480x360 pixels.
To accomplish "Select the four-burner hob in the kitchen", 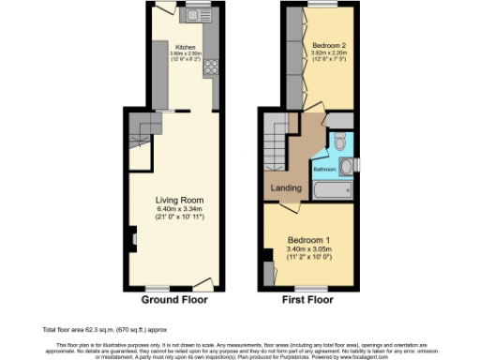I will (x=210, y=67).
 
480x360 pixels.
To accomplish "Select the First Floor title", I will (x=308, y=300).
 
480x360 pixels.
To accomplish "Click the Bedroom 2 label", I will (x=324, y=45).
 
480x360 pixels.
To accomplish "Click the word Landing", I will (x=286, y=188).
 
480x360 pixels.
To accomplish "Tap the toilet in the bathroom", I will (x=339, y=142).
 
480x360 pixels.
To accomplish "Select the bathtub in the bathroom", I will (x=332, y=191).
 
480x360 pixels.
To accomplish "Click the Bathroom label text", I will (x=324, y=169).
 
